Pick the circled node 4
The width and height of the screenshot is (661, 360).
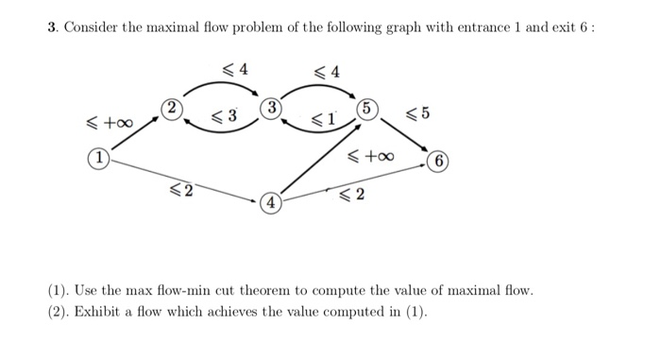269,201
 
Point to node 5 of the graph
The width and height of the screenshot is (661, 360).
367,108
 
